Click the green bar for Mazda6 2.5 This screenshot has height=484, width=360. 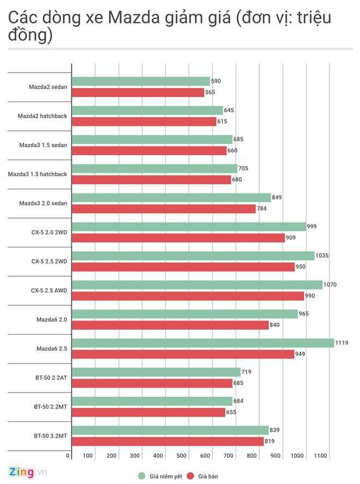coord(202,343)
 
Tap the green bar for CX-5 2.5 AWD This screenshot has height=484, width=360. coord(197,285)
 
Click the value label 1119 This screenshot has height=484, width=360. coord(342,343)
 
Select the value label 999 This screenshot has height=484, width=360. coord(312,226)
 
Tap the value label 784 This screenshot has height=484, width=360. coord(262,209)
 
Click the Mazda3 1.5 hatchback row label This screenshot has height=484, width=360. coord(38,174)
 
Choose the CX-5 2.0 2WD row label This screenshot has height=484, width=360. coord(49,232)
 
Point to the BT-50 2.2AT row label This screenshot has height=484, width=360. coord(50,378)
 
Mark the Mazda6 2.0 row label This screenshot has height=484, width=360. coord(52,319)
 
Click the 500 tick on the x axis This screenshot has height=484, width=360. coord(182,456)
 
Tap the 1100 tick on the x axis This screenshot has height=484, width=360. coord(320,456)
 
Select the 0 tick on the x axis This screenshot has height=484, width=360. coord(68,456)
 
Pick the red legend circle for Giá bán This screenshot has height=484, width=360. coord(191,476)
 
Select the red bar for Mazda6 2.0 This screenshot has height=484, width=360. coord(170,325)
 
